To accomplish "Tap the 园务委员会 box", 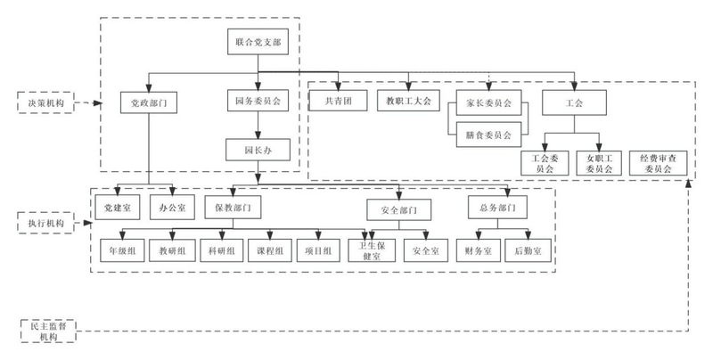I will (x=258, y=102).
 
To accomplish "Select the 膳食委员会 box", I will (x=488, y=135).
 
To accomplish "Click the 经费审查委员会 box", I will (x=657, y=163).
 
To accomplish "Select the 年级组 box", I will (x=121, y=251).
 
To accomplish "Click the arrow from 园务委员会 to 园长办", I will (x=258, y=126).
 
